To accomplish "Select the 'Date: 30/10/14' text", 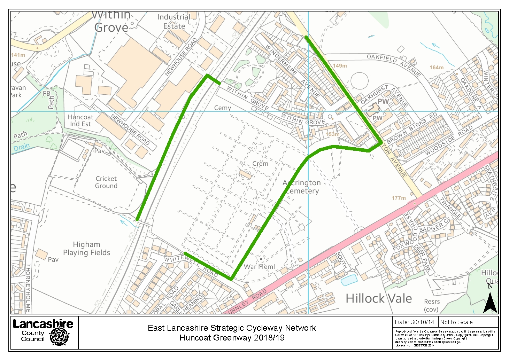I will click(415, 322).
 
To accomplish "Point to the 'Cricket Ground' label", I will click(106, 182).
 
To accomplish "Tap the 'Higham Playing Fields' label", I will click(86, 249).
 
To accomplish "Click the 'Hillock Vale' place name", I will click(379, 298).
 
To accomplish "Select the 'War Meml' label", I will click(259, 267).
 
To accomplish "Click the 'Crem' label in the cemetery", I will click(260, 163).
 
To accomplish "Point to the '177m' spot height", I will click(399, 198).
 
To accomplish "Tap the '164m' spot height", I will click(436, 68).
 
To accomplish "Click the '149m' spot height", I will click(340, 65).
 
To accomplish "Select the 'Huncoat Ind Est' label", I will click(80, 120).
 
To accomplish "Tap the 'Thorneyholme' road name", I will click(28, 288).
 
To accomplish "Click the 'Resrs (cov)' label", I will click(431, 305).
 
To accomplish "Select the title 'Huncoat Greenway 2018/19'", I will click(232, 338).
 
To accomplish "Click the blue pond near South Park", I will click(349, 280).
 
